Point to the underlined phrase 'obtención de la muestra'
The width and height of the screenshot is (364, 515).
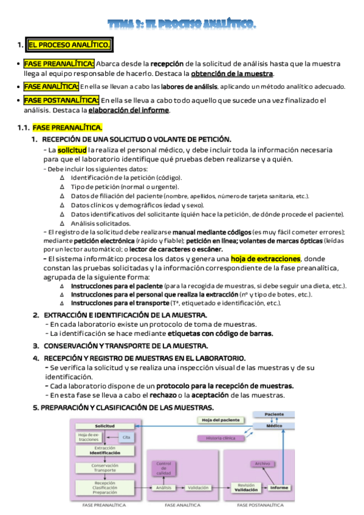[x=232, y=73]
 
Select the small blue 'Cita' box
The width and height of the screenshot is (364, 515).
[x=126, y=437]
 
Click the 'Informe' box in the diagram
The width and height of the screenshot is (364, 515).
[x=279, y=487]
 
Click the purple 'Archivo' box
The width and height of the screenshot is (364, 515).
[x=263, y=463]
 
